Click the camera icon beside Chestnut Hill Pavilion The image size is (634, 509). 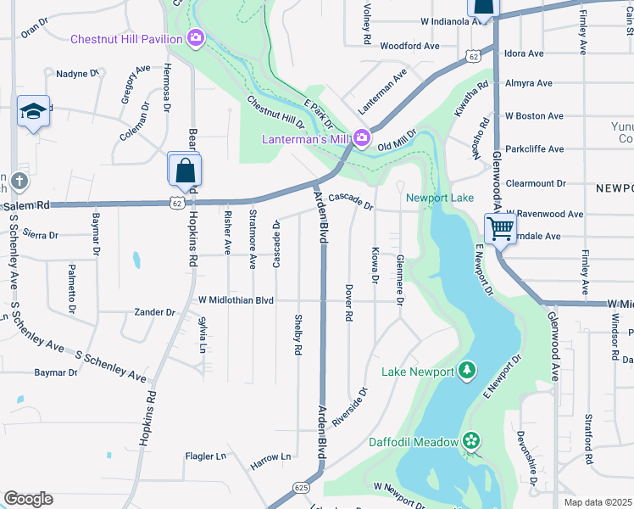point(196,38)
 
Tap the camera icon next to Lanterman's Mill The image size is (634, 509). point(362,137)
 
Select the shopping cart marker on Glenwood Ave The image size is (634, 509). point(500,227)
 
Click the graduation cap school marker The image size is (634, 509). point(33,112)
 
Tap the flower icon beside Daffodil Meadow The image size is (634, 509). point(470,440)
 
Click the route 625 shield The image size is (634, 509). point(301,487)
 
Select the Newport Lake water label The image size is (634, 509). point(439,198)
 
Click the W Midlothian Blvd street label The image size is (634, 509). point(236,300)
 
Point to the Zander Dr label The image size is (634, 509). point(154,312)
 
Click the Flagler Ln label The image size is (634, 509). point(206,456)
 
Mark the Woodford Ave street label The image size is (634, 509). point(409,46)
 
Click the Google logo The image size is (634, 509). point(28,498)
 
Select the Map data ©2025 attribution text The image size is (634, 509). point(598,502)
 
